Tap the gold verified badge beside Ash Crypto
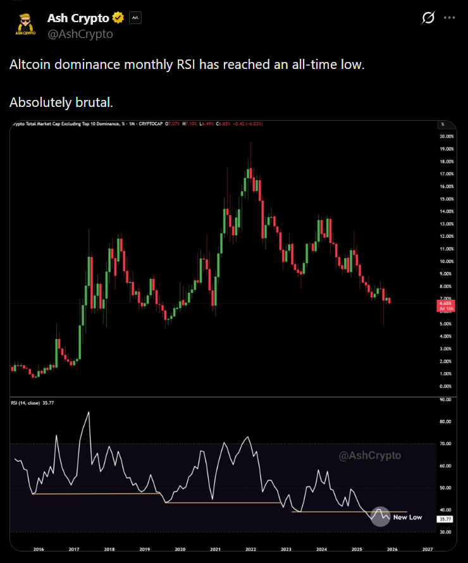point(118,18)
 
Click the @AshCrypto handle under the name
point(80,34)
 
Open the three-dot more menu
point(450,18)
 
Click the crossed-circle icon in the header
point(428,18)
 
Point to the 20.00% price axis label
point(446,137)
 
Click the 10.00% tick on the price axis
point(446,261)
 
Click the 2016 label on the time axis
point(39,550)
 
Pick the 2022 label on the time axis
point(250,550)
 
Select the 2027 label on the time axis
point(427,550)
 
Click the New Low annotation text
point(407,517)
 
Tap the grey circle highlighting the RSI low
point(380,516)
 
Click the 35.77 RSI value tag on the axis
point(445,519)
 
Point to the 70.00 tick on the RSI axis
point(445,444)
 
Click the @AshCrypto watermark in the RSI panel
point(370,455)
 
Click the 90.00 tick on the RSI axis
point(445,400)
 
